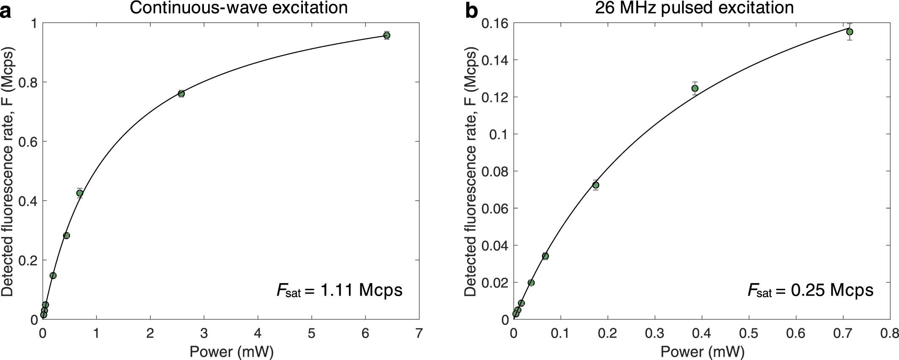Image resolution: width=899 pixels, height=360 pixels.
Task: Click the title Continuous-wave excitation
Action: click(239, 8)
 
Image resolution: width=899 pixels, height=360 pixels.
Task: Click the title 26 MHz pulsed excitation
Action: click(694, 8)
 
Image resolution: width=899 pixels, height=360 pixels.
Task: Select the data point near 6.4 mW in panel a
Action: click(386, 35)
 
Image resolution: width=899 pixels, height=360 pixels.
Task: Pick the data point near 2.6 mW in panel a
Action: click(181, 93)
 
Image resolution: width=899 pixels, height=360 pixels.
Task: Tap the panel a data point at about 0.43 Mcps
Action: click(80, 193)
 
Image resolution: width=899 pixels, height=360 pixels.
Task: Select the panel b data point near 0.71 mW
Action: click(849, 32)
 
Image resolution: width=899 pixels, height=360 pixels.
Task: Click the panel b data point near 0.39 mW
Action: click(695, 88)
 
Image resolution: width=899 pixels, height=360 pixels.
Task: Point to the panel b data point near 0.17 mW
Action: click(596, 185)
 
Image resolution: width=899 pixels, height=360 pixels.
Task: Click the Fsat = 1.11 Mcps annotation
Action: click(339, 290)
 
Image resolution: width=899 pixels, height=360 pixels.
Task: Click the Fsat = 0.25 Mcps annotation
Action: click(810, 290)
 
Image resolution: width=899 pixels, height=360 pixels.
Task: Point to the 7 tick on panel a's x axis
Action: click(419, 333)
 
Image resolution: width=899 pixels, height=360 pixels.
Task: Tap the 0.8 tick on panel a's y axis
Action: click(27, 82)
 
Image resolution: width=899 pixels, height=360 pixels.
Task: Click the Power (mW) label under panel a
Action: click(231, 352)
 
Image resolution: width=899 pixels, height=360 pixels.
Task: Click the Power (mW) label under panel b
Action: click(702, 352)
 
